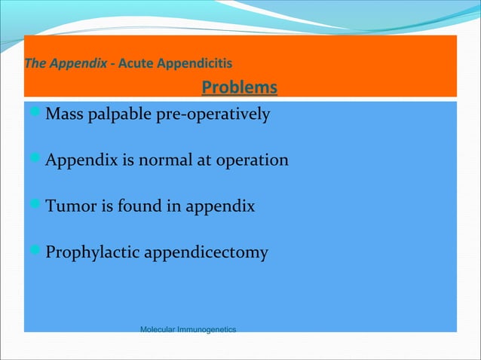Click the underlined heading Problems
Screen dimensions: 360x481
[x=239, y=88]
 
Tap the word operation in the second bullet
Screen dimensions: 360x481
[x=253, y=161]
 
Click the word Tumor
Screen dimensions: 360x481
[x=68, y=206]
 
